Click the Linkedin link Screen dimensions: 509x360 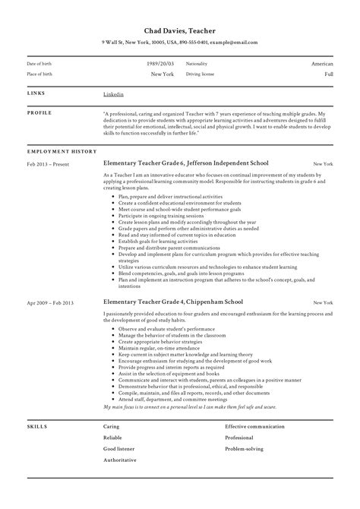[113, 93]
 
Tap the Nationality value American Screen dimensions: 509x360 [323, 64]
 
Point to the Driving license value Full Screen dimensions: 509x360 [329, 75]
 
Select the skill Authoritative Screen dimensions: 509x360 [120, 460]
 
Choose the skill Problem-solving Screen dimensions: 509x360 [245, 449]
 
